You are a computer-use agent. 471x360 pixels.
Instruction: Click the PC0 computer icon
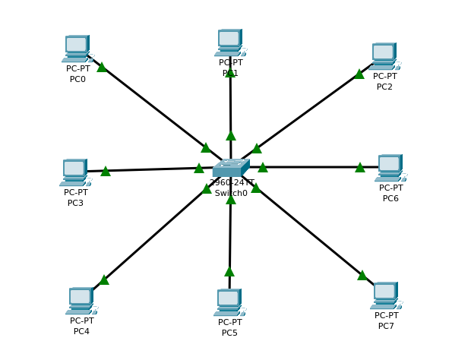click(77, 49)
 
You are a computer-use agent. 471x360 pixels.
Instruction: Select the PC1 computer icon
click(229, 43)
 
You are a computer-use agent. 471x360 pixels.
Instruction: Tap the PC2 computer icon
click(384, 56)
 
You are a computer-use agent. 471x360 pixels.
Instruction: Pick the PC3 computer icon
click(74, 172)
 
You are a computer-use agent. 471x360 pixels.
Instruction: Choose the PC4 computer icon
click(81, 301)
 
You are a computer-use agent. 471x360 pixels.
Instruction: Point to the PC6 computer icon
click(390, 168)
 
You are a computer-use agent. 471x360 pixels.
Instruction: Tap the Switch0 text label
click(231, 194)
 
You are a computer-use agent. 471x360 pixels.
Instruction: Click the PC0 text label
click(77, 79)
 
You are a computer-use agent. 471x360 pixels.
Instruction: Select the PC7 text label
click(386, 326)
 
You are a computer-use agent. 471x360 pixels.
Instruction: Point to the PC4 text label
click(81, 331)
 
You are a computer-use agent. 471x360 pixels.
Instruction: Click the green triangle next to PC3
click(106, 171)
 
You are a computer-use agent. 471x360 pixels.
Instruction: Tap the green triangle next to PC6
click(360, 167)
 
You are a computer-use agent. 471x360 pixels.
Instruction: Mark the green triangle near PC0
click(102, 67)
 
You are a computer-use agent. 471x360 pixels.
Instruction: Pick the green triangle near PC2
click(359, 74)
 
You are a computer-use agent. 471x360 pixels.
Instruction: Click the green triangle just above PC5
click(229, 271)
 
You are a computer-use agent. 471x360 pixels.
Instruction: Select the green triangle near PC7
click(362, 275)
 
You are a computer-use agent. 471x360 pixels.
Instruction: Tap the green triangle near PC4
click(104, 279)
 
